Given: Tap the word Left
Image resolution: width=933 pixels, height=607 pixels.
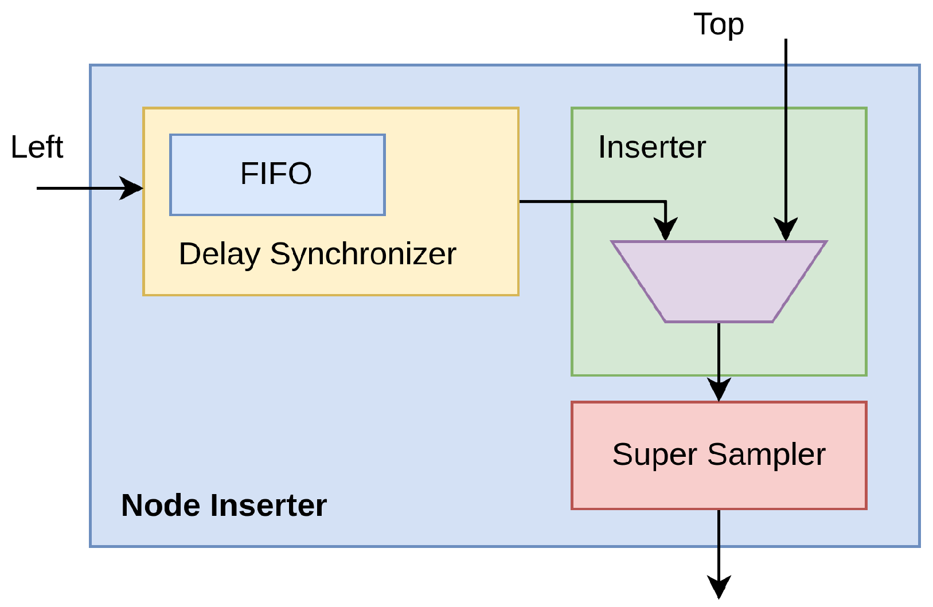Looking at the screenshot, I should (x=37, y=147).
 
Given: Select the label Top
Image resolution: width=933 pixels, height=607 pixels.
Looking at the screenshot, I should (x=719, y=25).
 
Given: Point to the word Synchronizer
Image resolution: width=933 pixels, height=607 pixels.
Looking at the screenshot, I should (x=363, y=254).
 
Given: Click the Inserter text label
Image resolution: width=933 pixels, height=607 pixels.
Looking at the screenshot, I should (x=652, y=147).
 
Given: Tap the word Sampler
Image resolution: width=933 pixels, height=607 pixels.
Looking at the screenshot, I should (x=766, y=455).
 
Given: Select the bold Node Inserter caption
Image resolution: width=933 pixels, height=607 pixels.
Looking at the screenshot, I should (x=224, y=506).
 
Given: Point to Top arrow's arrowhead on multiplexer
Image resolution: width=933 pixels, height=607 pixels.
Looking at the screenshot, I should (x=786, y=230).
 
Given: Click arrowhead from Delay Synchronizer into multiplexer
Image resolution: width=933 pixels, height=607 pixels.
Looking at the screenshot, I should (x=665, y=230).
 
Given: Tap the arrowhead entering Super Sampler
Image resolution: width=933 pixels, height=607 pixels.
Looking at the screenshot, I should (x=719, y=391).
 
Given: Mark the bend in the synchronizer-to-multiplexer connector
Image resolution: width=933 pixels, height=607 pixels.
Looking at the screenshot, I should (x=665, y=202).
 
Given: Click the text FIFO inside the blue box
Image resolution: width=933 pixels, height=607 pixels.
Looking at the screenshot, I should (x=276, y=174).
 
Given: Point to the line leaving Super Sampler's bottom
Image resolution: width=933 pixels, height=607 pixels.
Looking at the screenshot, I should (x=719, y=539).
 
